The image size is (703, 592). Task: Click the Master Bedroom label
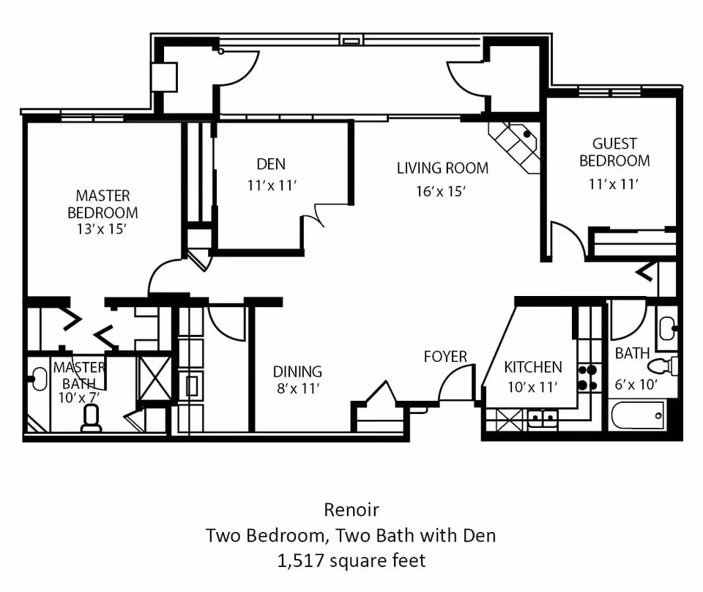click(103, 204)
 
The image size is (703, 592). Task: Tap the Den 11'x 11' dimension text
click(272, 185)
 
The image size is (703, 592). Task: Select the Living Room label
click(442, 169)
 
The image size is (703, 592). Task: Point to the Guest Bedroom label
click(614, 152)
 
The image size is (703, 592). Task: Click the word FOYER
click(445, 357)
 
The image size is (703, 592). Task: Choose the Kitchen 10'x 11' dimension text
click(532, 387)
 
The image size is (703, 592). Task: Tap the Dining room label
click(297, 371)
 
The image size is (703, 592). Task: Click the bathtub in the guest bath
click(637, 415)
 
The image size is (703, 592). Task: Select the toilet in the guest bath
click(663, 366)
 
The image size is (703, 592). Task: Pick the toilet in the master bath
click(92, 418)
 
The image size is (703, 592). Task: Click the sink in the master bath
click(39, 379)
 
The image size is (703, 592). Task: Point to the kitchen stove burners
click(588, 377)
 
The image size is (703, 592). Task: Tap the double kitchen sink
click(542, 419)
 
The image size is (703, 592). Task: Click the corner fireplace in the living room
click(516, 147)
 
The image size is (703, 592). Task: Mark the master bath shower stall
click(154, 377)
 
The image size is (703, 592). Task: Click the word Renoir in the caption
click(351, 510)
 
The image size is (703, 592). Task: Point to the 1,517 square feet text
click(351, 560)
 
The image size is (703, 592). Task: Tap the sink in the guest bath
click(668, 328)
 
